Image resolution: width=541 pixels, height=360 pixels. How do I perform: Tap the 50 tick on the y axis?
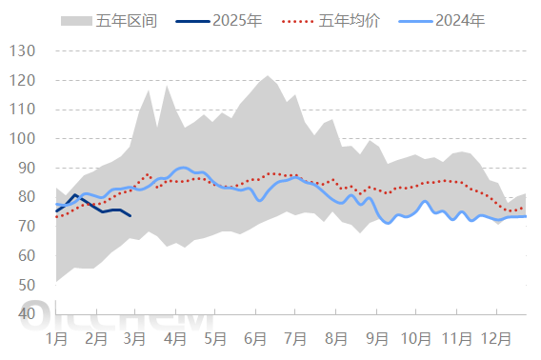coord(26,285)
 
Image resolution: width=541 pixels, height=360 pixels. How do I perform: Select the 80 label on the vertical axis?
coord(26,197)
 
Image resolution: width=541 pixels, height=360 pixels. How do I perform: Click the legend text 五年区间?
coord(121,20)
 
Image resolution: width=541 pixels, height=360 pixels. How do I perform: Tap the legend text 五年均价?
coord(350,20)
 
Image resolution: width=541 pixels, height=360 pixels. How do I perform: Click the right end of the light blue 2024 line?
coord(526,216)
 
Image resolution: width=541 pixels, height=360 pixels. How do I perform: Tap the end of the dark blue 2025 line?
coord(130,216)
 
